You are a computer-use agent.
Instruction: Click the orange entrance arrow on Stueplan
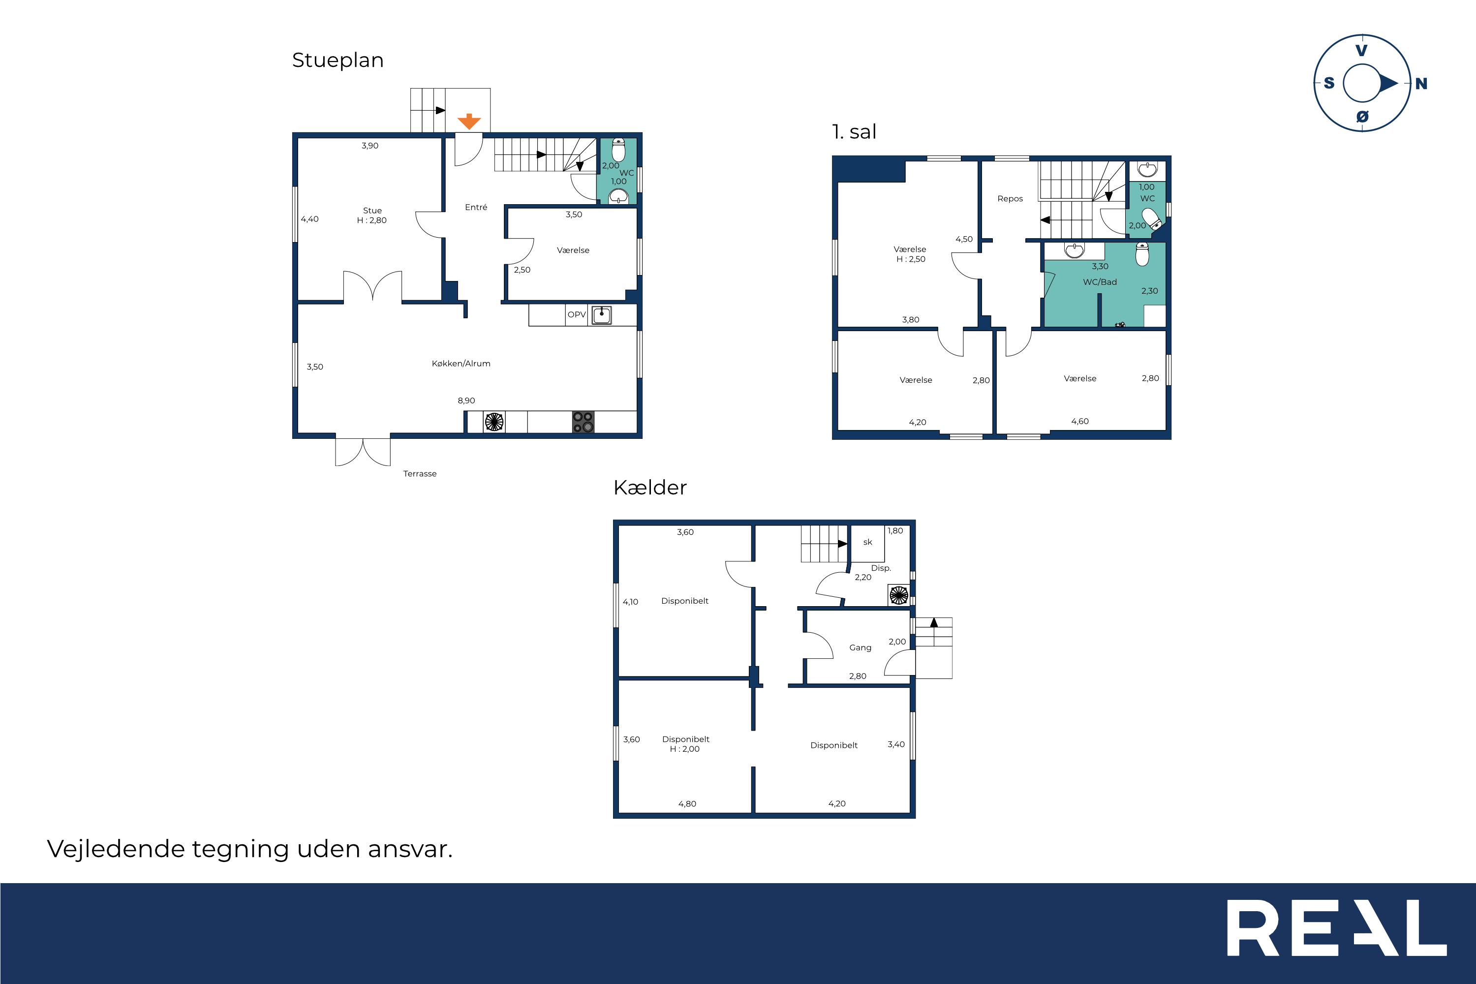469,122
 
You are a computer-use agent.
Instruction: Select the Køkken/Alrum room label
461,364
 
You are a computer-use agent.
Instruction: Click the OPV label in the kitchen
577,314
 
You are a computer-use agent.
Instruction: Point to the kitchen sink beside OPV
601,314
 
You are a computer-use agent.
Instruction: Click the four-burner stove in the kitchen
583,422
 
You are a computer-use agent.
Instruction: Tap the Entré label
476,207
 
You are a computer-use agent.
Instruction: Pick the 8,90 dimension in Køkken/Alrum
466,400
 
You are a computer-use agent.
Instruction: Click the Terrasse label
420,474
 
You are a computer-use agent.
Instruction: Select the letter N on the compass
1421,84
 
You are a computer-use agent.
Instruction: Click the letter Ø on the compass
1362,116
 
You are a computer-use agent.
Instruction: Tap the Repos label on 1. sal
1010,199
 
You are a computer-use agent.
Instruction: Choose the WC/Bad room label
1100,282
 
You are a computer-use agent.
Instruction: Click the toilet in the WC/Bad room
1142,254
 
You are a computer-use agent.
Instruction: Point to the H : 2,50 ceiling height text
911,259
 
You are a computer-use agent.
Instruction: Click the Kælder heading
650,488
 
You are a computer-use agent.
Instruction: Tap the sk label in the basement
867,542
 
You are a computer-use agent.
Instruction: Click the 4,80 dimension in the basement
687,804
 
